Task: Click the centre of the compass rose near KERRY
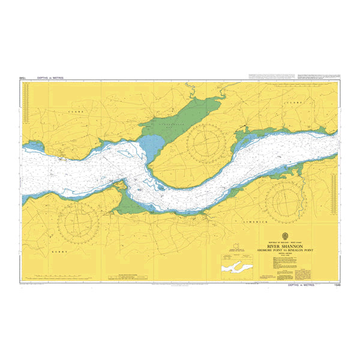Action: point(79,221)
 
